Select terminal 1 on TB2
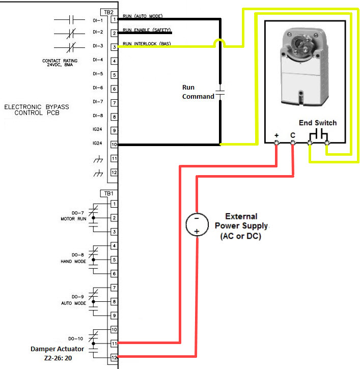tap(115, 19)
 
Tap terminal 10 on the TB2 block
tap(115, 145)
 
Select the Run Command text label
tap(198, 92)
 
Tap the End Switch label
tap(318, 123)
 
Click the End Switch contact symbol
tap(319, 134)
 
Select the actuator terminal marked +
tap(276, 143)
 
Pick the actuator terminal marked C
tap(293, 143)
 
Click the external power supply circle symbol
tap(197, 224)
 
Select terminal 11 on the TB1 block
tap(115, 344)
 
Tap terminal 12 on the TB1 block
tap(115, 358)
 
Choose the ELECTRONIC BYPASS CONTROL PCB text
tap(36, 110)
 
